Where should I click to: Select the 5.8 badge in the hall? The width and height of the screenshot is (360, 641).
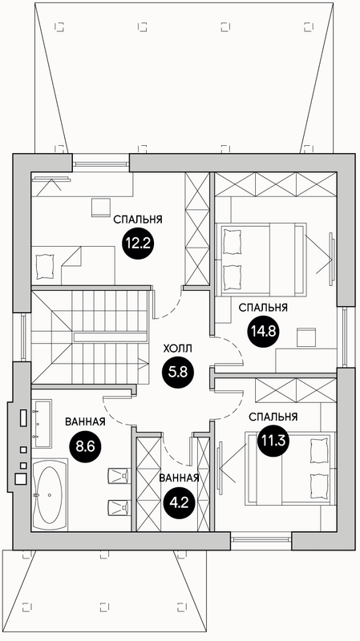point(178,372)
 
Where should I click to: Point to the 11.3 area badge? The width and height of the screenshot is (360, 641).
point(273,440)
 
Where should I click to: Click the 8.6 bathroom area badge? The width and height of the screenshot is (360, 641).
point(85,445)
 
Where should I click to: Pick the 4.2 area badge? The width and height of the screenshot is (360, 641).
point(179,502)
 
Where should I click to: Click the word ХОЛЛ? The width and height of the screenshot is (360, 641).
point(177,349)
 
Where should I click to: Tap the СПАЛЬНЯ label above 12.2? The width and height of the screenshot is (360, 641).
point(138,220)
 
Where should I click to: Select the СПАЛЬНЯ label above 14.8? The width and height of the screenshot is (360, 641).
point(263,308)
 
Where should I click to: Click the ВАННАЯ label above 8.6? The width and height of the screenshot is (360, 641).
point(86,422)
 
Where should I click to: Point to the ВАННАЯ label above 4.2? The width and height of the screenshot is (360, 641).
point(179,478)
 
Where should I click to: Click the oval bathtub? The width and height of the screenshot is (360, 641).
point(50,494)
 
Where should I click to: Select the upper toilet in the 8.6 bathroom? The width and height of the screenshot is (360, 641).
point(118,475)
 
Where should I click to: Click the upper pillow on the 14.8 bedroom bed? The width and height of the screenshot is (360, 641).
point(232,242)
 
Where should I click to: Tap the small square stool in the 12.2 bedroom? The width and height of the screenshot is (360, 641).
point(101,208)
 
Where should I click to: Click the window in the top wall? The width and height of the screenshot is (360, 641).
point(101,164)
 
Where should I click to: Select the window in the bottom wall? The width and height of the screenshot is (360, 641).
point(261,539)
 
